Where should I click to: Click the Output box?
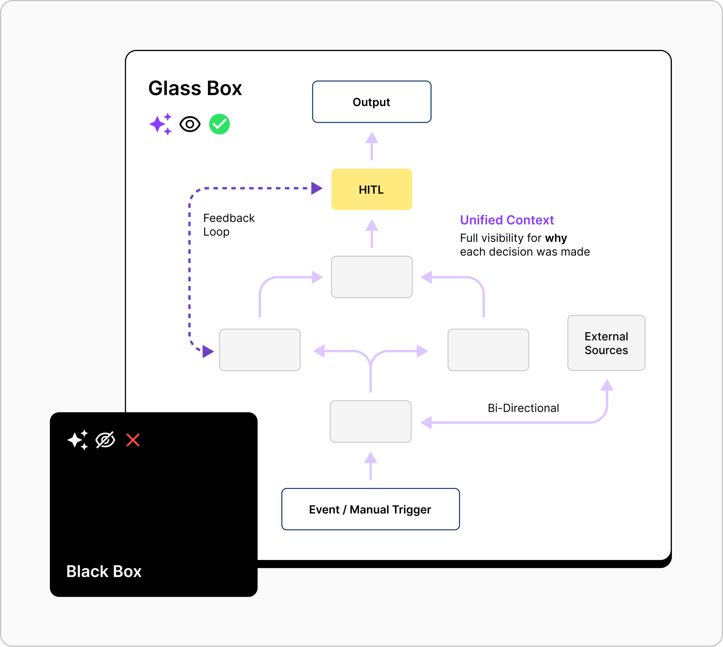(371, 102)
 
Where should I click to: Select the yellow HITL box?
(371, 189)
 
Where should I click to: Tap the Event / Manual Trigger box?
(371, 510)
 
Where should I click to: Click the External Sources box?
(606, 343)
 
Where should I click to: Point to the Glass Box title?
(195, 88)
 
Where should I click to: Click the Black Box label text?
(104, 571)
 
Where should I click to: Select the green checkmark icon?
(219, 124)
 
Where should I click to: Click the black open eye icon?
(190, 124)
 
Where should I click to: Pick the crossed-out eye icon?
(105, 440)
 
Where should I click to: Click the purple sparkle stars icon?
(161, 124)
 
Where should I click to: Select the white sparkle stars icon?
(78, 440)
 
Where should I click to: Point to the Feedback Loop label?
(228, 225)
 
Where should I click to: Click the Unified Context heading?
(506, 220)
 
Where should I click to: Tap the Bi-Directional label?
(523, 408)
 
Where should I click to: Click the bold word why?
(556, 238)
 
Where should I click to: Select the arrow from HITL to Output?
(372, 146)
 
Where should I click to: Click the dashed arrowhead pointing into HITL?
(316, 188)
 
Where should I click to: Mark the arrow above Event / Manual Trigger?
(371, 466)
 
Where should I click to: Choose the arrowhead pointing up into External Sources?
(607, 385)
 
